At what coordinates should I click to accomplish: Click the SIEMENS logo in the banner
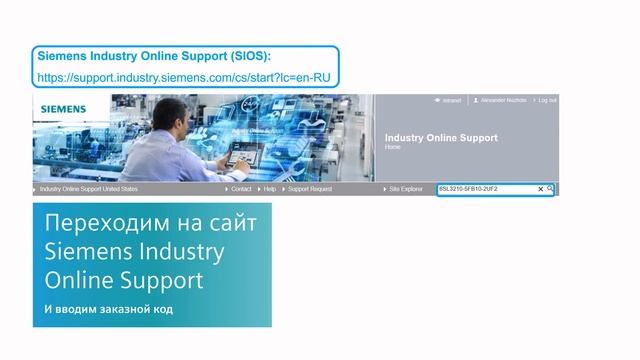coord(63,108)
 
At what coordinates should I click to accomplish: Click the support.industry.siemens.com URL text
coord(184,76)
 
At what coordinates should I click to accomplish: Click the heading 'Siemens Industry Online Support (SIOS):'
coord(154,56)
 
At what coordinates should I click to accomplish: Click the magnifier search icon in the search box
coord(550,188)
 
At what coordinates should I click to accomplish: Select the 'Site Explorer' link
coord(405,188)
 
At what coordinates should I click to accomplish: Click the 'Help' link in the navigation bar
coord(269,188)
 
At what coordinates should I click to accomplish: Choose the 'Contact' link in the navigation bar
coord(241,188)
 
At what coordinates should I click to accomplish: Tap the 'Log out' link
coord(547,100)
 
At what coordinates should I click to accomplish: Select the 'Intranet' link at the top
coord(451,100)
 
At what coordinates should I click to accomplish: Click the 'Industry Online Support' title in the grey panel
coord(440,138)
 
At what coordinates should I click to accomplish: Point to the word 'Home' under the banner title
coord(392,147)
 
